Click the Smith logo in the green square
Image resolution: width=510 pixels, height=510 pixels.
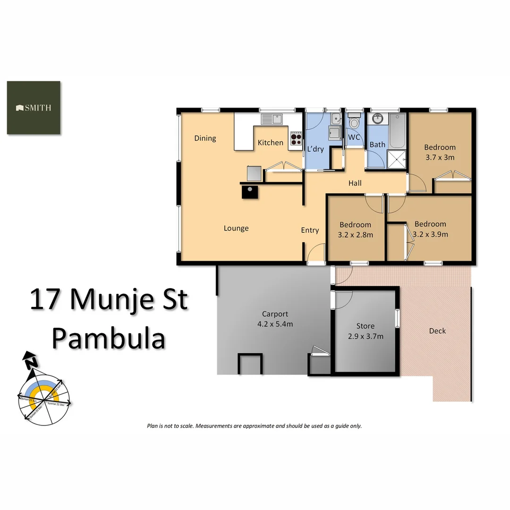point(34,108)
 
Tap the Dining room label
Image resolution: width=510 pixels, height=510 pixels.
point(205,138)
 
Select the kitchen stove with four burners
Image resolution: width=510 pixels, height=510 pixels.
point(296,138)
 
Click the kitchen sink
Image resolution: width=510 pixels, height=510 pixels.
point(272,119)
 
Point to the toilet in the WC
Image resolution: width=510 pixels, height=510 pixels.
point(354,122)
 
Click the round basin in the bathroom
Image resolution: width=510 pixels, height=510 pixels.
point(377,119)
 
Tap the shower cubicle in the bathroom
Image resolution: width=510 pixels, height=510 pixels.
point(397,159)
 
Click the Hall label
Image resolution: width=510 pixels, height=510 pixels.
point(355,183)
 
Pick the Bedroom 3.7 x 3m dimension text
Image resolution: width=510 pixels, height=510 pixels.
point(440,157)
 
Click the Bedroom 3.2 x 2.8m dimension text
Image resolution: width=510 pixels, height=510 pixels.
point(356,234)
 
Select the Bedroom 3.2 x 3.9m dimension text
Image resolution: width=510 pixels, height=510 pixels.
point(430,234)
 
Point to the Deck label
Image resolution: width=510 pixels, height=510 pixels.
point(437,331)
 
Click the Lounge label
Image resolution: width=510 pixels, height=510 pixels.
point(236,229)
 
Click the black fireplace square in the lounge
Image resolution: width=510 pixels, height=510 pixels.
point(250,191)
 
